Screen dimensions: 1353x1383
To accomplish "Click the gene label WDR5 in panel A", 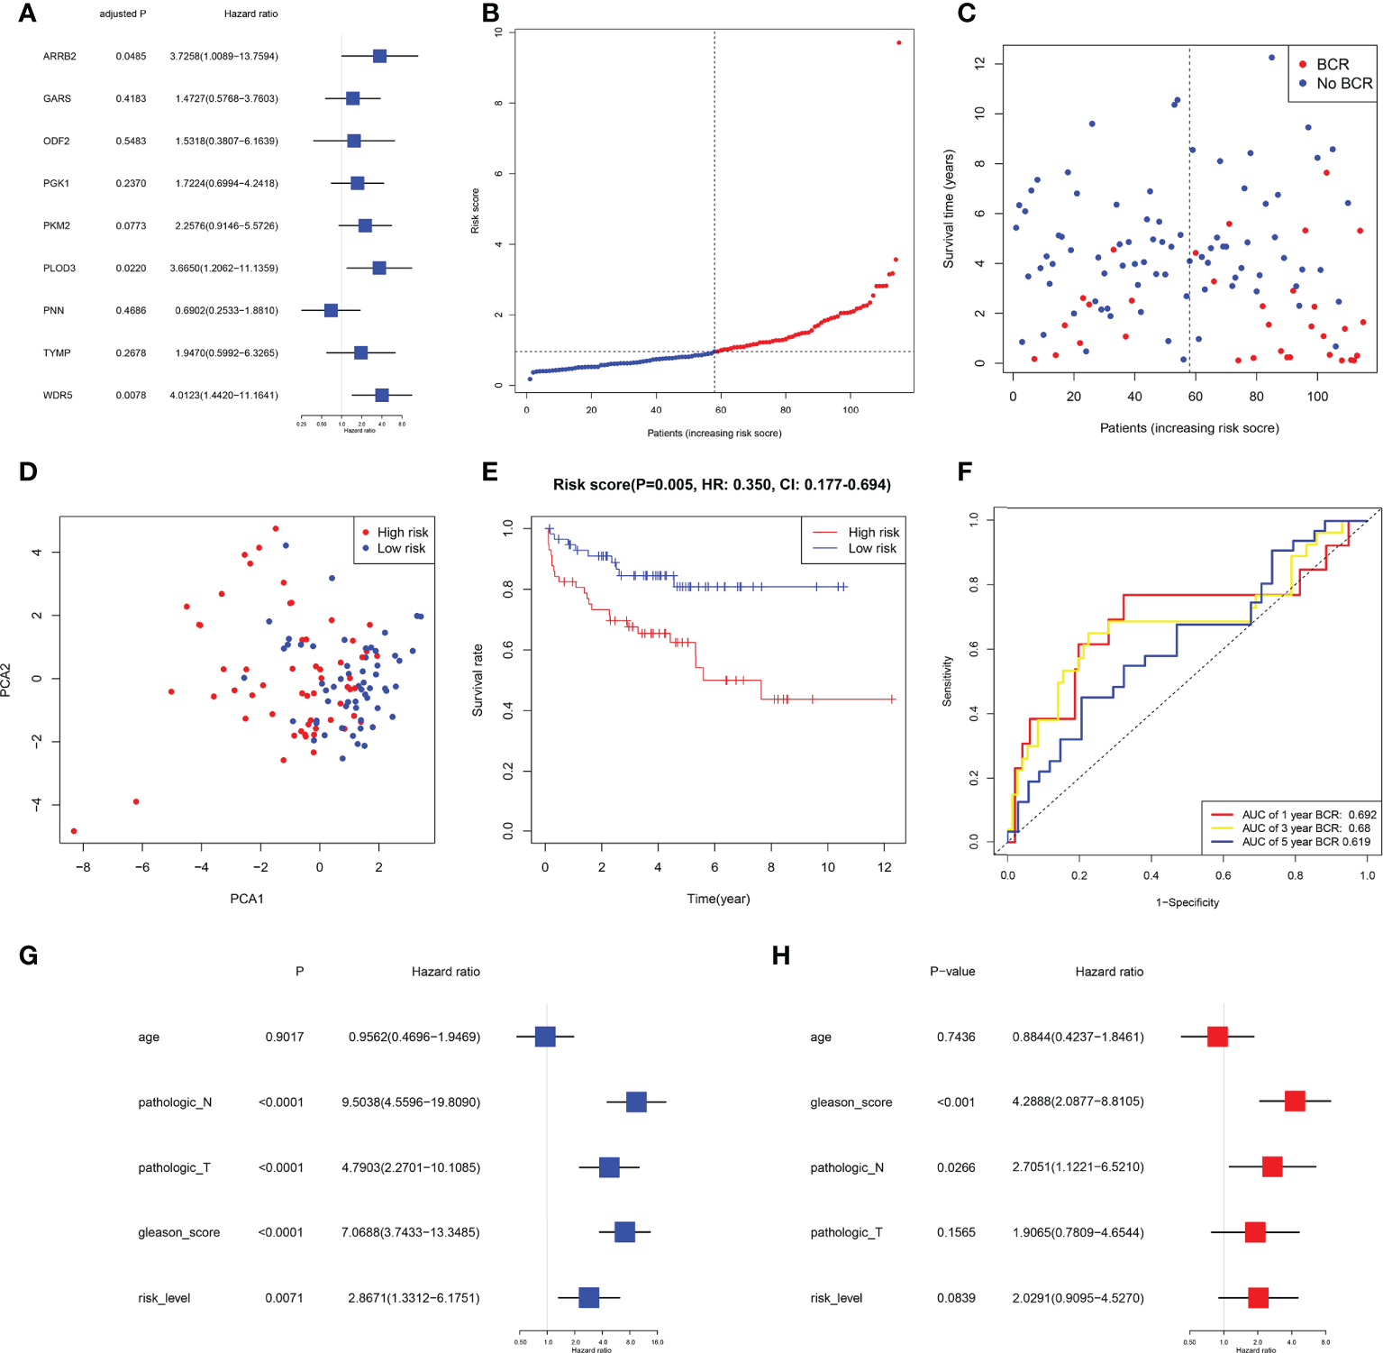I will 58,395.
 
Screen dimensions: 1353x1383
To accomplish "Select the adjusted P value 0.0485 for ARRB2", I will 131,56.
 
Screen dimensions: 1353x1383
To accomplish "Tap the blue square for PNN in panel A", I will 331,310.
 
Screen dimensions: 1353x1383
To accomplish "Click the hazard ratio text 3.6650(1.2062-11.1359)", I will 226,268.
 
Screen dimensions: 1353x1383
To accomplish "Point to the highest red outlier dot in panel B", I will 898,42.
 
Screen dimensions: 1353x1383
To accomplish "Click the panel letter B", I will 490,14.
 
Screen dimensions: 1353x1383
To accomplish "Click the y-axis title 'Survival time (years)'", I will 948,209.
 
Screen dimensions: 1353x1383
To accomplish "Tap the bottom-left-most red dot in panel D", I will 74,831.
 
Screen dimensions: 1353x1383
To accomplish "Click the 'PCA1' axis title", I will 247,899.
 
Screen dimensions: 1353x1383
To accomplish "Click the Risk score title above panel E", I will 722,485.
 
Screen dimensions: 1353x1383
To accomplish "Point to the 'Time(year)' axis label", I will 718,899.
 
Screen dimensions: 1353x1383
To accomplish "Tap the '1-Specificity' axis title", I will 1187,902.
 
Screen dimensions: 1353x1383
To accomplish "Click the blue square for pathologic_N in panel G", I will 636,1102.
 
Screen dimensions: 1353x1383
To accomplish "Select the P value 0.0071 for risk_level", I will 284,1298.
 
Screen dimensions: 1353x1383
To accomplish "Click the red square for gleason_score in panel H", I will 1295,1101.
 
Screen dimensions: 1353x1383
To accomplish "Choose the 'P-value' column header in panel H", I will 952,972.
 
